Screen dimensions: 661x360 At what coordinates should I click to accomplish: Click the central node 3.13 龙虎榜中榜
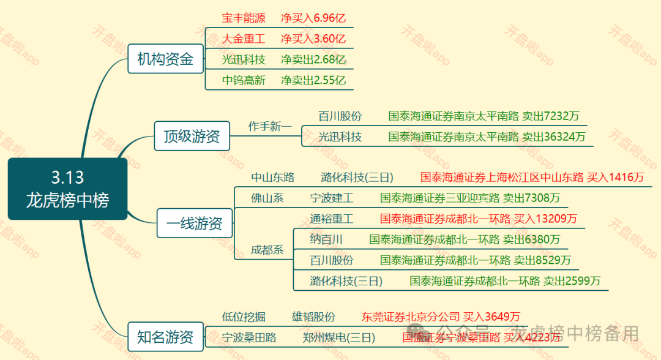(x=67, y=189)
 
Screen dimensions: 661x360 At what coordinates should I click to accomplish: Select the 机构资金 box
(x=165, y=59)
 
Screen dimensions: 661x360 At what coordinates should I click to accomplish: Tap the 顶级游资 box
(x=192, y=136)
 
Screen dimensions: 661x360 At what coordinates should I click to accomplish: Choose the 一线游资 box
(x=194, y=224)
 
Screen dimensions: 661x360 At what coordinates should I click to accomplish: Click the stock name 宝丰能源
(x=244, y=18)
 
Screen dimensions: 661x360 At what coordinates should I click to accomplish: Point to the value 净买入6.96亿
(x=313, y=18)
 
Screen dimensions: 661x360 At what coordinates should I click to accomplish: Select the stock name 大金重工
(x=244, y=39)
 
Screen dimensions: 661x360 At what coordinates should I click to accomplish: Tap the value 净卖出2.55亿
(x=313, y=80)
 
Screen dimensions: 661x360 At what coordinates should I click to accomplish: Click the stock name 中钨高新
(x=244, y=80)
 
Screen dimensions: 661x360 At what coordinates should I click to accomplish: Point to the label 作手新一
(x=270, y=126)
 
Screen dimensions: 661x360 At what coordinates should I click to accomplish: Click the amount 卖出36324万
(x=554, y=137)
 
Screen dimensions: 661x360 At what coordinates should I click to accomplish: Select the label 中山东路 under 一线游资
(x=273, y=178)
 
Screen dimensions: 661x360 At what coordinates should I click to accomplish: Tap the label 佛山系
(x=267, y=198)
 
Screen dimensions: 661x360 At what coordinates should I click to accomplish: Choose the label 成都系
(x=267, y=250)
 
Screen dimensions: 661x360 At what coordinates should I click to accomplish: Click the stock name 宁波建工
(x=332, y=198)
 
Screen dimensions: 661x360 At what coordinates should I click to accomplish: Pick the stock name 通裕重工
(x=332, y=219)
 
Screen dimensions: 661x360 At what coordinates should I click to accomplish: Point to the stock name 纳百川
(x=326, y=239)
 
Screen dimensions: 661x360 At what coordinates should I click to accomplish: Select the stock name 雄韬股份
(x=313, y=317)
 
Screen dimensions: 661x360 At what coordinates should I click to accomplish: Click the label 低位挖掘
(x=244, y=317)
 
